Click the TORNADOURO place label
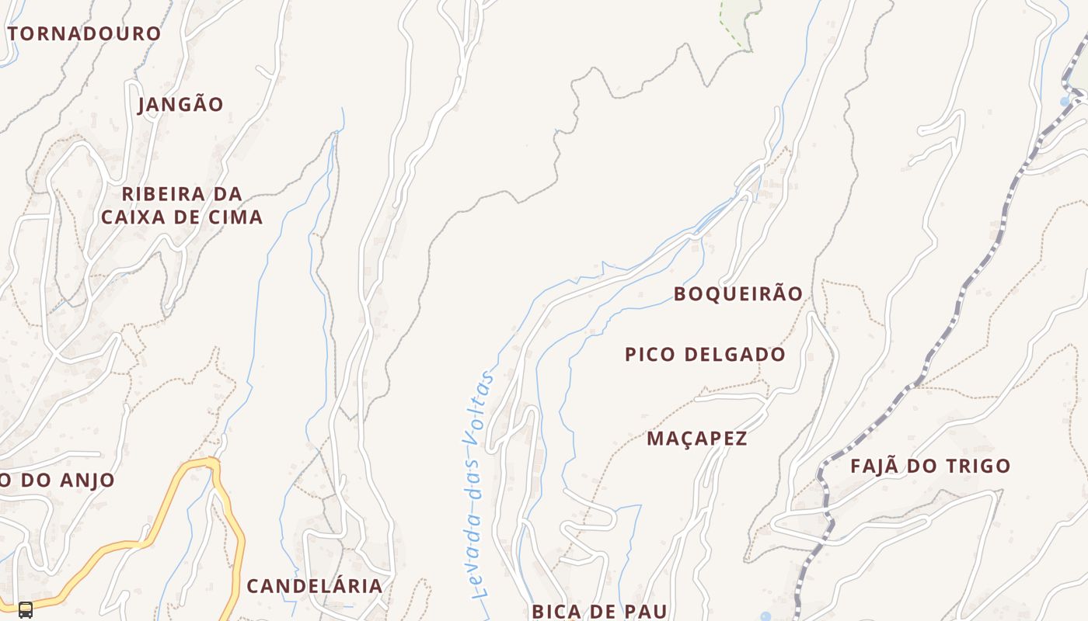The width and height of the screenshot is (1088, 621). point(84,34)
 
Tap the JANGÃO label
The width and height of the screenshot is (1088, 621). point(181,105)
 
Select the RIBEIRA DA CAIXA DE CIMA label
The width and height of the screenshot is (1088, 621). point(182,206)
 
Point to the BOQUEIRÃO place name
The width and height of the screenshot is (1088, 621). point(738,294)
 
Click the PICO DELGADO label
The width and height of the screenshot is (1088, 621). point(705,355)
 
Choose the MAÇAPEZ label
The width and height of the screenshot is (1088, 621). point(697,439)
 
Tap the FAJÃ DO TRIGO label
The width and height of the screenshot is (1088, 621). point(930,467)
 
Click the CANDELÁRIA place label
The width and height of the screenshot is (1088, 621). point(315,586)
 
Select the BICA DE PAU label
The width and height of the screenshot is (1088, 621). point(599,611)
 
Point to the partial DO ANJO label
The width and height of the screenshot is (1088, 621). point(58,480)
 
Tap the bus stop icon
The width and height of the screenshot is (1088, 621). point(26,609)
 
